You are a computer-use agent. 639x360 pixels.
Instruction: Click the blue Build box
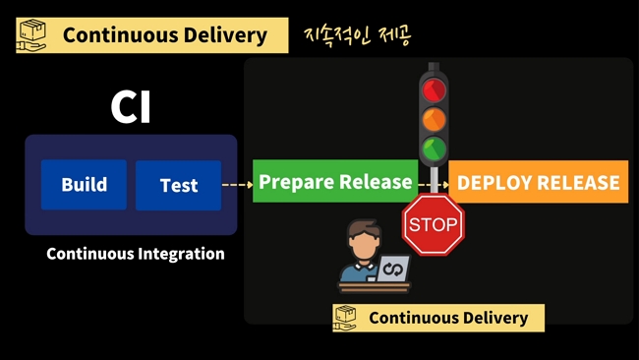point(84,185)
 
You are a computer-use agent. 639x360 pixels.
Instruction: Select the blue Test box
point(178,185)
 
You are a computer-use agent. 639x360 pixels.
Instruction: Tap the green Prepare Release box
point(335,182)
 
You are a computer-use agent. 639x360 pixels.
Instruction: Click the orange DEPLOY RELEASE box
point(539,182)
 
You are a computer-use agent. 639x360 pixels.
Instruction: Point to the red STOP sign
point(434,224)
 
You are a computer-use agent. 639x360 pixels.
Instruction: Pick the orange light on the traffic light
point(434,119)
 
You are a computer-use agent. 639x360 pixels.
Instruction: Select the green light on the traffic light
point(434,150)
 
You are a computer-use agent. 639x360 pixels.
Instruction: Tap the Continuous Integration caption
point(136,254)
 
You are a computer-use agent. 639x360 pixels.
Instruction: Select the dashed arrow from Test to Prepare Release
point(237,184)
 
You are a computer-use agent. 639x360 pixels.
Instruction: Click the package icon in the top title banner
point(33,35)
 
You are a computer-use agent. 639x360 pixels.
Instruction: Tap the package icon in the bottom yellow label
point(345,318)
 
